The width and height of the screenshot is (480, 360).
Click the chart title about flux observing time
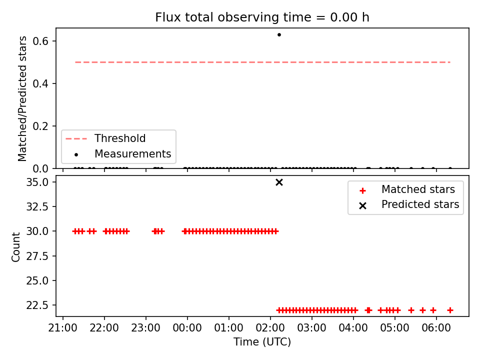pyautogui.click(x=262, y=17)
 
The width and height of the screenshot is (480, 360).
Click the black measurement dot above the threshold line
pyautogui.click(x=279, y=35)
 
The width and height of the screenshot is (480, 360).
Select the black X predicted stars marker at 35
pyautogui.click(x=279, y=182)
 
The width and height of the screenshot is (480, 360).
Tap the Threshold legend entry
pyautogui.click(x=105, y=138)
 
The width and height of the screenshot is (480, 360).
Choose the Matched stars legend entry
pyautogui.click(x=406, y=189)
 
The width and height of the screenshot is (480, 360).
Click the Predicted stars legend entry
pyautogui.click(x=409, y=204)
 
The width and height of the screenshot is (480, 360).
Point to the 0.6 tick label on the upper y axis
pyautogui.click(x=40, y=41)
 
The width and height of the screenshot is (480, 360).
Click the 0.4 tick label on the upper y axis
pyautogui.click(x=40, y=83)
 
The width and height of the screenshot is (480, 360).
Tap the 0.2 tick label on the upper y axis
pyautogui.click(x=40, y=126)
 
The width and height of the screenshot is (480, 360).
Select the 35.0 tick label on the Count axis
pyautogui.click(x=37, y=182)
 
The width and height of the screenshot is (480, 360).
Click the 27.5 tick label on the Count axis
pyautogui.click(x=37, y=256)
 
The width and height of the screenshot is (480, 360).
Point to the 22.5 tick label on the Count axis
pyautogui.click(x=37, y=305)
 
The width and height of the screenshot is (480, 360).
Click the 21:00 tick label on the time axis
pyautogui.click(x=63, y=328)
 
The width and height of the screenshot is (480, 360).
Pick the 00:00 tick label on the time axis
pyautogui.click(x=187, y=328)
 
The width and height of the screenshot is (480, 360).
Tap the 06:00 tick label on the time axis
pyautogui.click(x=436, y=328)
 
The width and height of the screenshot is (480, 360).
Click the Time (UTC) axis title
pyautogui.click(x=262, y=341)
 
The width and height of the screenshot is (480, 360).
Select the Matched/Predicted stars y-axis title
pyautogui.click(x=22, y=98)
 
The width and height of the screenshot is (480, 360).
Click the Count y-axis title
pyautogui.click(x=15, y=247)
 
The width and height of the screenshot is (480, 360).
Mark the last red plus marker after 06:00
pyautogui.click(x=450, y=310)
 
